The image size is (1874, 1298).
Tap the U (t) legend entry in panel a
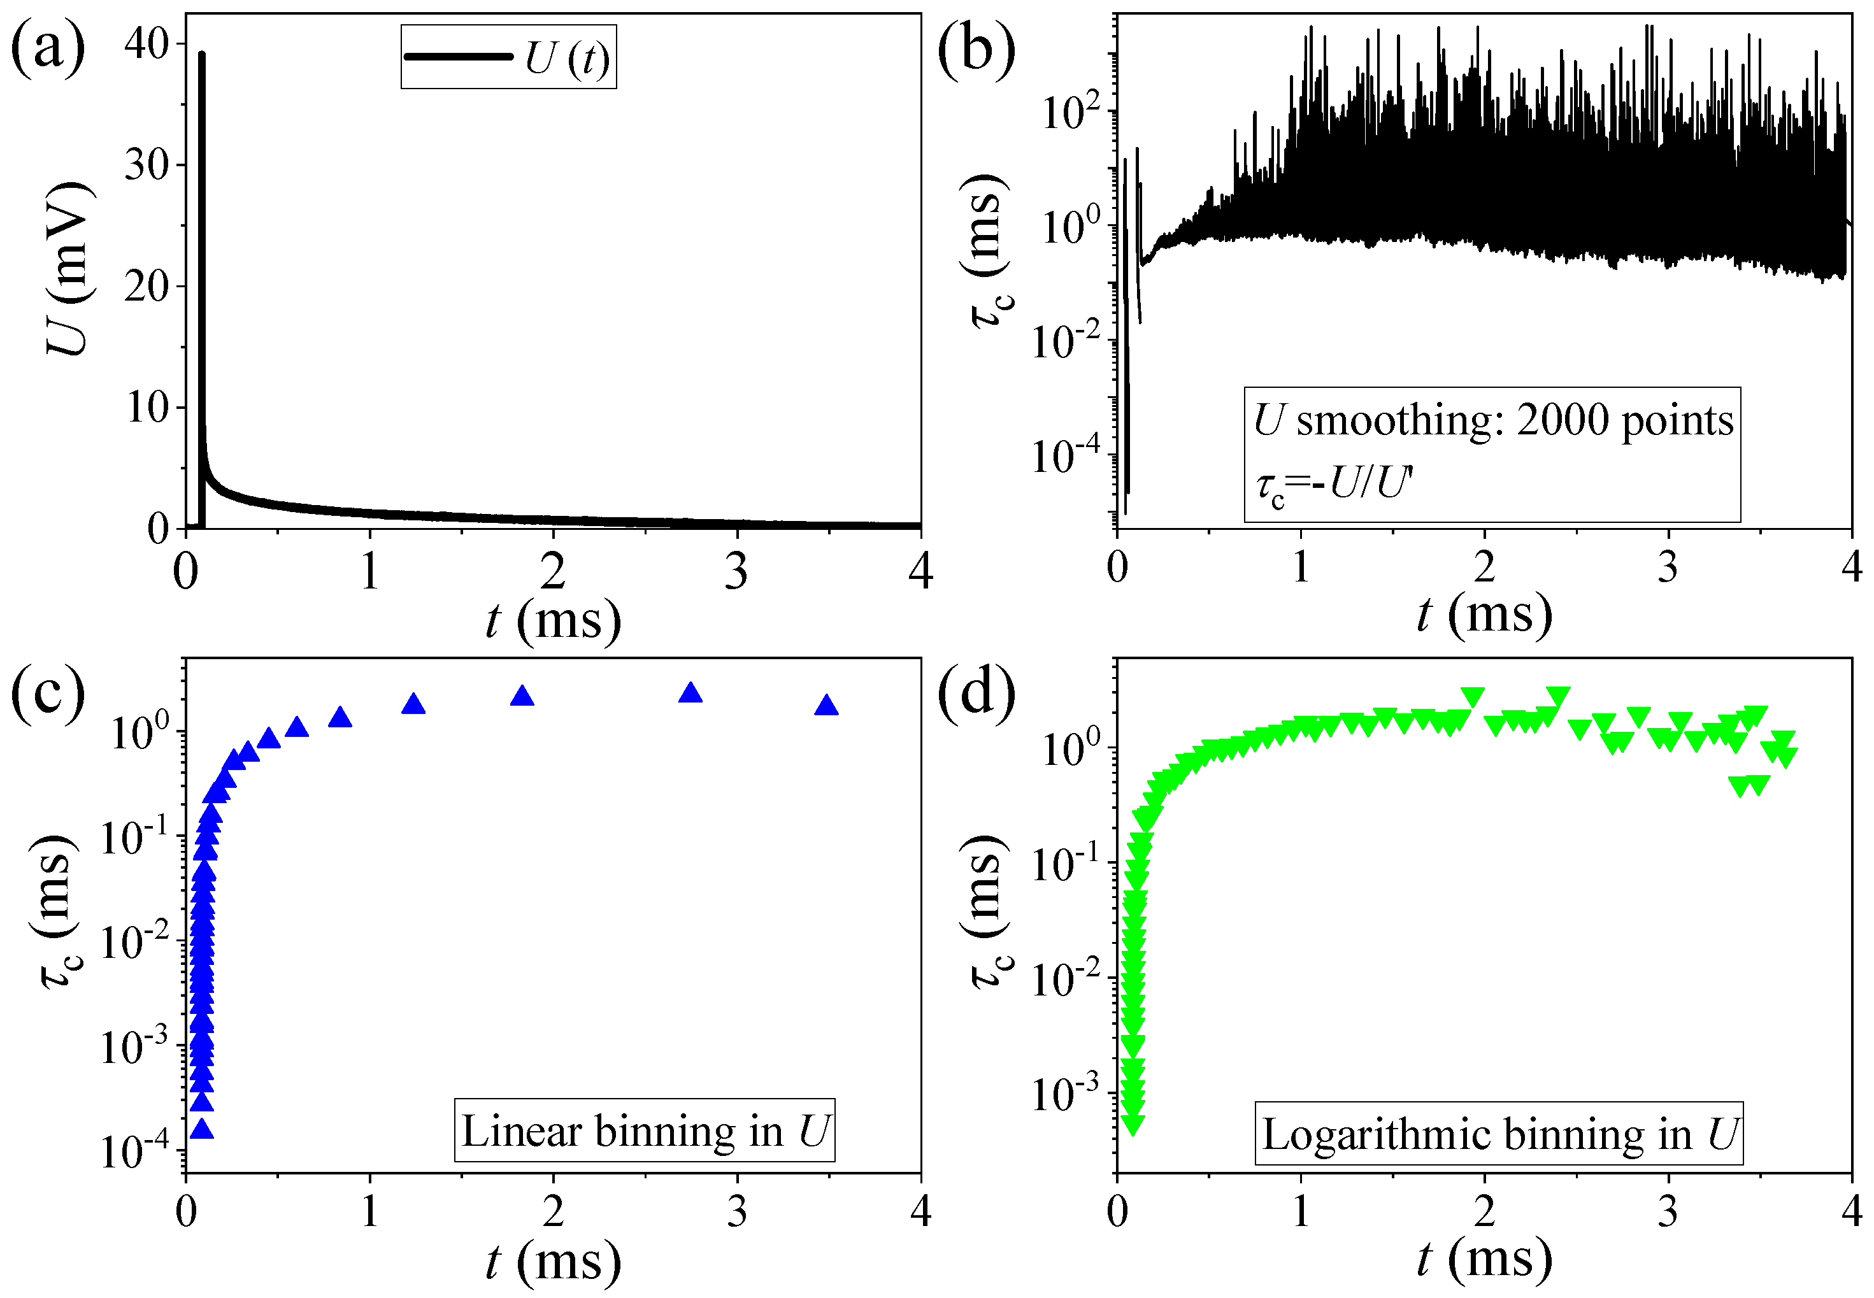point(509,57)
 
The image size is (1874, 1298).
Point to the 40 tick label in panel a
point(147,44)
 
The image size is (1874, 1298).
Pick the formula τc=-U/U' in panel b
point(1334,485)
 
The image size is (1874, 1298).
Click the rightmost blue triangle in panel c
point(826,705)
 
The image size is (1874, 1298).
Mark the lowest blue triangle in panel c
point(202,1129)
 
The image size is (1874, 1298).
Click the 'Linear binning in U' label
point(644,1131)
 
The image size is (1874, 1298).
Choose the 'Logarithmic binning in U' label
point(1498,1134)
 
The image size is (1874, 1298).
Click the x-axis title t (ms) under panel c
point(553,1262)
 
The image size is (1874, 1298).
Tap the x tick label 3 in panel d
point(1668,1212)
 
